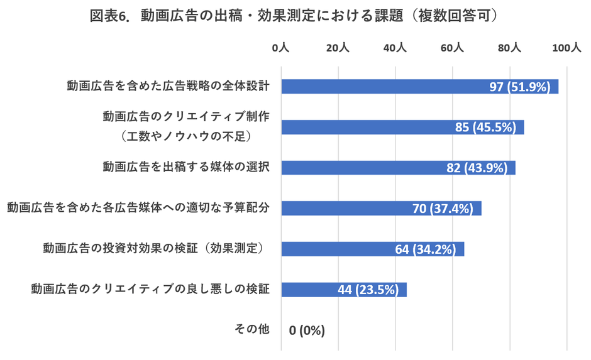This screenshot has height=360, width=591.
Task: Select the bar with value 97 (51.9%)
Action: [419, 87]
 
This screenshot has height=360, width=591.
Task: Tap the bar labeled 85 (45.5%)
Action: [402, 127]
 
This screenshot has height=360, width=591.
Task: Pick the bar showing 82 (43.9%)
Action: [398, 168]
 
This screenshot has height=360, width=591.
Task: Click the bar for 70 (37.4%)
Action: [381, 208]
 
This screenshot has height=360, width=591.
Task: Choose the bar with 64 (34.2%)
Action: [372, 249]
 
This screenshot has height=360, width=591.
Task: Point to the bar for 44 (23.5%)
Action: [344, 289]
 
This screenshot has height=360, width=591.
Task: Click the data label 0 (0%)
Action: [307, 330]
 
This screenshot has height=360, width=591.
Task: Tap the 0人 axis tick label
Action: [280, 48]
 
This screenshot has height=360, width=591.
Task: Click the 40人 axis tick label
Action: [395, 48]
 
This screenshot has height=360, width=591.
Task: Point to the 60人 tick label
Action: [452, 48]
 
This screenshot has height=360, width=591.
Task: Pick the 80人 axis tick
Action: [509, 48]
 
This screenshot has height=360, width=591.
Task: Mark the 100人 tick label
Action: [566, 48]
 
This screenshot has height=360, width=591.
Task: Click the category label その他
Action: [251, 329]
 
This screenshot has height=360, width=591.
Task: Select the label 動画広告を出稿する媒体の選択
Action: [186, 167]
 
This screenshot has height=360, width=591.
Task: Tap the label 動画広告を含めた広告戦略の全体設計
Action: [168, 86]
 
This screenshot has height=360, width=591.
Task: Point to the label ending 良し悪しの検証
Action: [151, 288]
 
